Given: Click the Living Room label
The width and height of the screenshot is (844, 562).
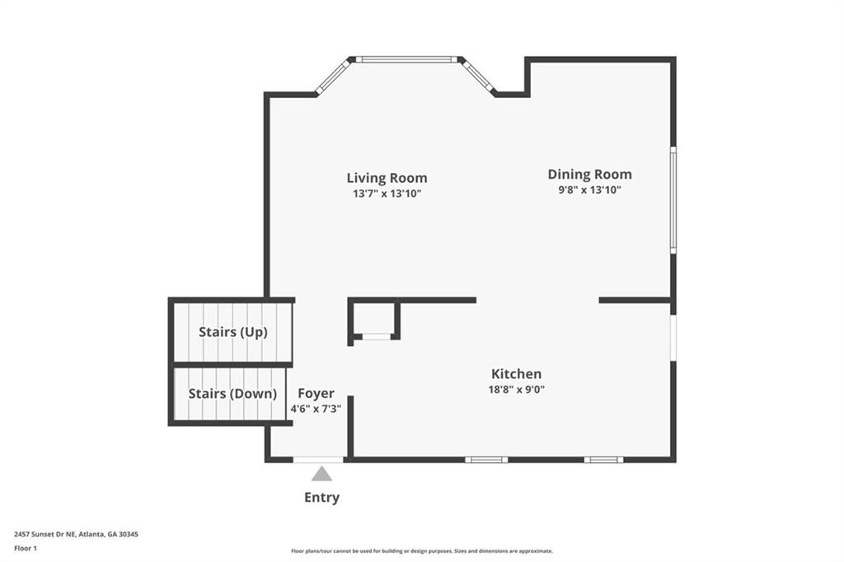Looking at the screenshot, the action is point(387,178).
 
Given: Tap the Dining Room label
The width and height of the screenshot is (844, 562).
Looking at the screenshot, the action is point(589,174).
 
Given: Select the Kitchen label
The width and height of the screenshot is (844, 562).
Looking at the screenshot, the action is point(516,373).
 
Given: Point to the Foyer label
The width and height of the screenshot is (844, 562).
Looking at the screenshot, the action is point(316,394).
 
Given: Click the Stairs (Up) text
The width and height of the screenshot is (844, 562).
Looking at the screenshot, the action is point(233,331).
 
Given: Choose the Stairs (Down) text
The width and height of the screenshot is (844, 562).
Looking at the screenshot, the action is point(232,394).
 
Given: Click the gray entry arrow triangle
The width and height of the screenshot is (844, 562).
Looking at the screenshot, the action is point(321,474).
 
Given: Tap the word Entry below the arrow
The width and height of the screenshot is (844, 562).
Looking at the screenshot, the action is point(322,498).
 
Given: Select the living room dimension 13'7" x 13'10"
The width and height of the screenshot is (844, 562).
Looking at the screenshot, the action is point(387,194).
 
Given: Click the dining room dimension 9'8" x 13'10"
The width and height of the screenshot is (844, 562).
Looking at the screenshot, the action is point(589,190).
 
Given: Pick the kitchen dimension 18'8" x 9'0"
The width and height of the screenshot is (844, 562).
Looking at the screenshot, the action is point(516,389).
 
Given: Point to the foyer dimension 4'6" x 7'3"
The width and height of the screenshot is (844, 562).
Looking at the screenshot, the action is point(316,409).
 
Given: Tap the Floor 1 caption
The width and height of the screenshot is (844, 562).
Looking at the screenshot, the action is point(26,549).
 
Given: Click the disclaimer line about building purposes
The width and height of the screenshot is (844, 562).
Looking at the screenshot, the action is point(422,551).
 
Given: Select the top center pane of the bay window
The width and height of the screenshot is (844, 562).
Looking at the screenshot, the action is point(406,59).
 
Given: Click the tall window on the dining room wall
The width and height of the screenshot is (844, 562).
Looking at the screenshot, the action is point(673,200).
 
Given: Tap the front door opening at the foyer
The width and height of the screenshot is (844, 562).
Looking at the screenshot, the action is point(318,460).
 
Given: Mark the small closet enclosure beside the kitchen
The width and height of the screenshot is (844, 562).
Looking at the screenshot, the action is point(374,320).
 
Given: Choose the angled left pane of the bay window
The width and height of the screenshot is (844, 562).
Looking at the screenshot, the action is point(333,77).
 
